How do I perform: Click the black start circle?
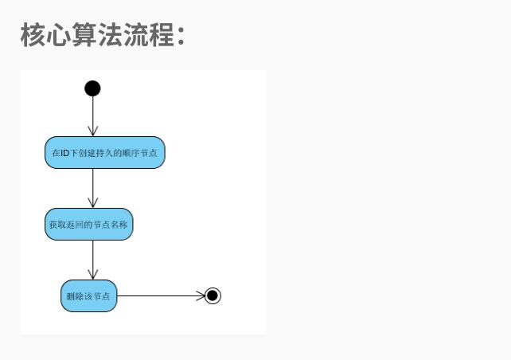pyautogui.click(x=92, y=88)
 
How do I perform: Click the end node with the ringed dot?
pyautogui.click(x=212, y=296)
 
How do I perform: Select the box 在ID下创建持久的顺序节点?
pyautogui.click(x=104, y=153)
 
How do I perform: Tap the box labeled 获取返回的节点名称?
pyautogui.click(x=88, y=225)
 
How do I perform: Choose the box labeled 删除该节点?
pyautogui.click(x=88, y=296)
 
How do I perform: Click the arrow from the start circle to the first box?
pyautogui.click(x=92, y=116)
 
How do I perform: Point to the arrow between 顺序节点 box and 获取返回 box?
pyautogui.click(x=92, y=188)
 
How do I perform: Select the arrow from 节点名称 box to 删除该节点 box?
pyautogui.click(x=92, y=260)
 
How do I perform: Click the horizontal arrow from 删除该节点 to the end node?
pyautogui.click(x=159, y=296)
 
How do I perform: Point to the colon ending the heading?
pyautogui.click(x=181, y=37)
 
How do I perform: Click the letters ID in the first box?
pyautogui.click(x=65, y=153)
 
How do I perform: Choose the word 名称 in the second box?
pyautogui.click(x=119, y=225)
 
